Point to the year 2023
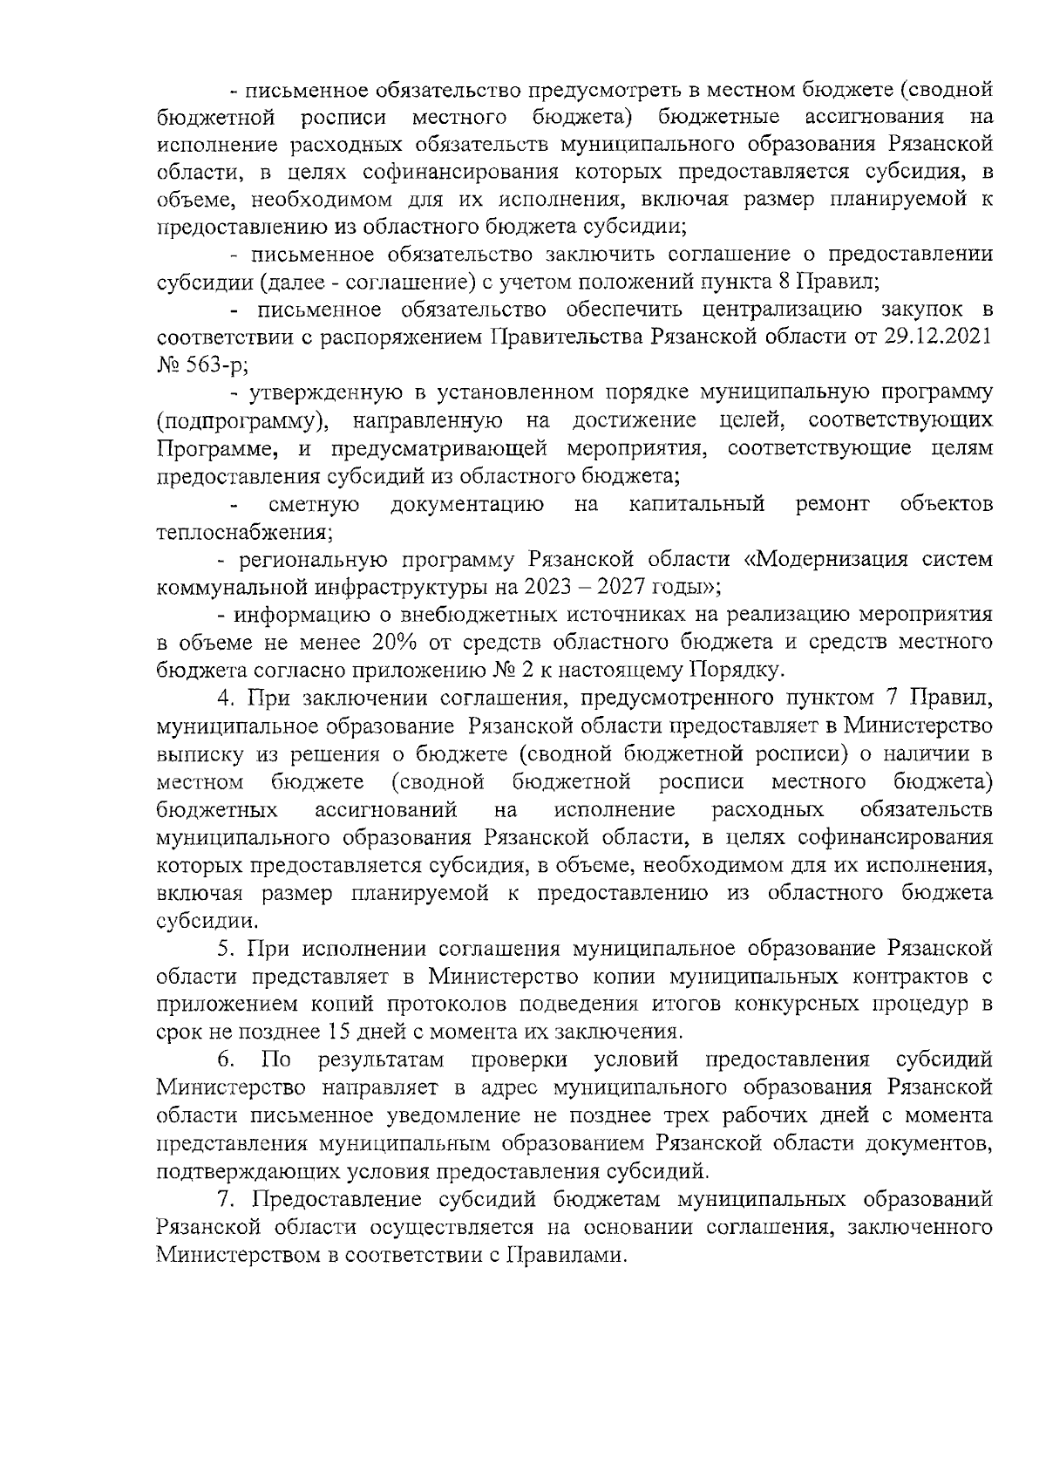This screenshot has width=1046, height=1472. point(544,587)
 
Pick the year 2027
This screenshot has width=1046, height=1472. point(616,587)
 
